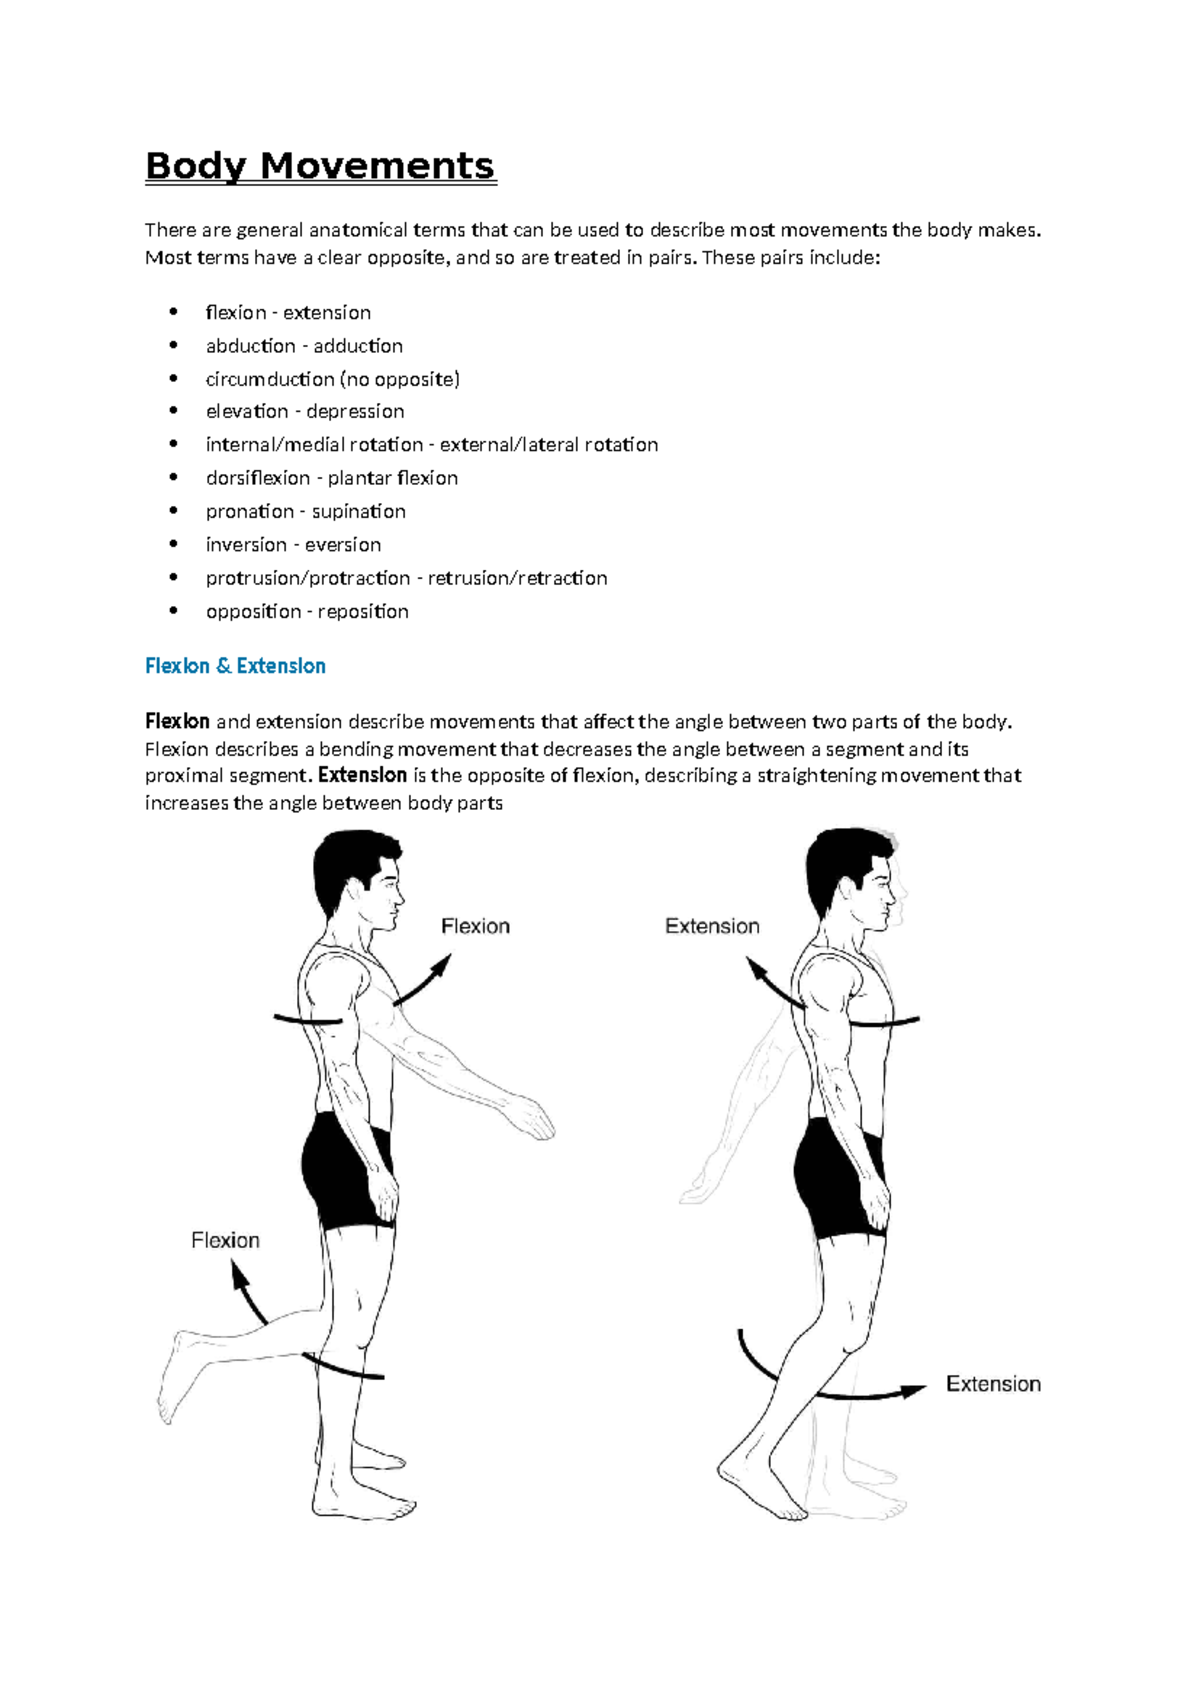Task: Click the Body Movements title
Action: (320, 166)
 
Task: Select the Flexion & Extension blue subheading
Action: (235, 666)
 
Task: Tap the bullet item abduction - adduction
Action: (304, 346)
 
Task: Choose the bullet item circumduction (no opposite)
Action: (332, 379)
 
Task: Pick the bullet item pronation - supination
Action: (305, 512)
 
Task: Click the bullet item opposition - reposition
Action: (307, 612)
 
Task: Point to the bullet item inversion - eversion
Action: (293, 545)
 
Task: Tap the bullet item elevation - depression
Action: (305, 412)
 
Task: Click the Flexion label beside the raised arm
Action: (475, 927)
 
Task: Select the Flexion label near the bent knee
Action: (225, 1241)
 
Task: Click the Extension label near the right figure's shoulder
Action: (712, 927)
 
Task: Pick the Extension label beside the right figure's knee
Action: (993, 1384)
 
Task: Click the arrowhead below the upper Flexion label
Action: (441, 962)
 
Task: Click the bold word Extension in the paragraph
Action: (362, 776)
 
